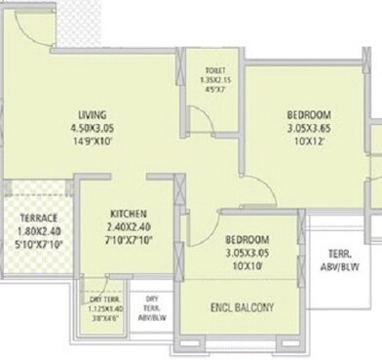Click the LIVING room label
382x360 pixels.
coord(91,113)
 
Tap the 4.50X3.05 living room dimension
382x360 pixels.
coord(91,127)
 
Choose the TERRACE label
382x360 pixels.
coord(38,218)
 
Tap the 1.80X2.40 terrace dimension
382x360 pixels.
coord(38,230)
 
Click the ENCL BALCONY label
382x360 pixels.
coord(242,308)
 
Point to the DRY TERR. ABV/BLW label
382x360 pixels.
coord(152,307)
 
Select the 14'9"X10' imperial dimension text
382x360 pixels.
coord(91,140)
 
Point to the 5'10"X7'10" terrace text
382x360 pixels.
coord(38,244)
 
